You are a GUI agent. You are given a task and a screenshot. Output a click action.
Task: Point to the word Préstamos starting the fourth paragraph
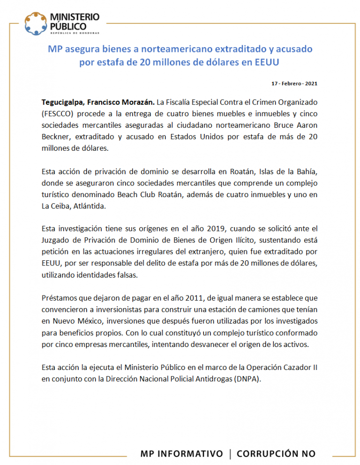59,298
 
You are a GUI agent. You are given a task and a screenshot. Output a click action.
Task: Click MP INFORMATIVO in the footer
181,453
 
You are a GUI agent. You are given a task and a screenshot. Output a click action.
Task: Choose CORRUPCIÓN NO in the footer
276,453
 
